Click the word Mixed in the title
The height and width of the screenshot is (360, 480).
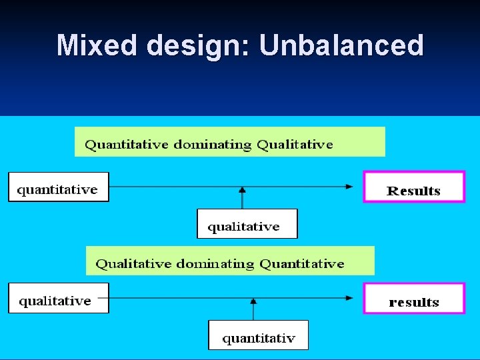[x=98, y=45]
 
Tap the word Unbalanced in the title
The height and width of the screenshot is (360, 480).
[x=341, y=45]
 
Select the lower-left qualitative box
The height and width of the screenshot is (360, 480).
[x=58, y=298]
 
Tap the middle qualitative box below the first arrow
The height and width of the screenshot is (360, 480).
[x=247, y=224]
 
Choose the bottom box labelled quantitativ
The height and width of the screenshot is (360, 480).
[x=258, y=335]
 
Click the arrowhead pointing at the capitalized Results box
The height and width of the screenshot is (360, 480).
[x=350, y=187]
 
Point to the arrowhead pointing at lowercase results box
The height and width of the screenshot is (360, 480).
[x=350, y=298]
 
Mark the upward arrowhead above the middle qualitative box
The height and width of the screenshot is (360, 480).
[x=242, y=190]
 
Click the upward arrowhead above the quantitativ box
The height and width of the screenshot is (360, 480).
[x=253, y=301]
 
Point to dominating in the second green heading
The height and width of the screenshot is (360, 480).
[x=215, y=264]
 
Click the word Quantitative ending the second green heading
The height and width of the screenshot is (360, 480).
[x=302, y=264]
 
